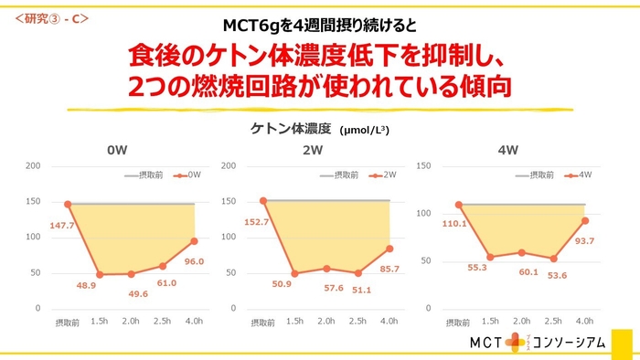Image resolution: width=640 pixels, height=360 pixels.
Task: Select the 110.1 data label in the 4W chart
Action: (454, 223)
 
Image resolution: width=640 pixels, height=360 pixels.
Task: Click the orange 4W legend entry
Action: (579, 174)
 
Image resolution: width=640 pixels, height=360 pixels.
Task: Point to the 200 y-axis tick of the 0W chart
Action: (33, 165)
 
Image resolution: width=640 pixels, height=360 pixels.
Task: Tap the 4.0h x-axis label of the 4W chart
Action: (585, 320)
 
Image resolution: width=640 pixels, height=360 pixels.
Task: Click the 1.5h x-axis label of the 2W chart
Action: (294, 320)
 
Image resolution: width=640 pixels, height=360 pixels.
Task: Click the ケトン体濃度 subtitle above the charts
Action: (291, 129)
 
